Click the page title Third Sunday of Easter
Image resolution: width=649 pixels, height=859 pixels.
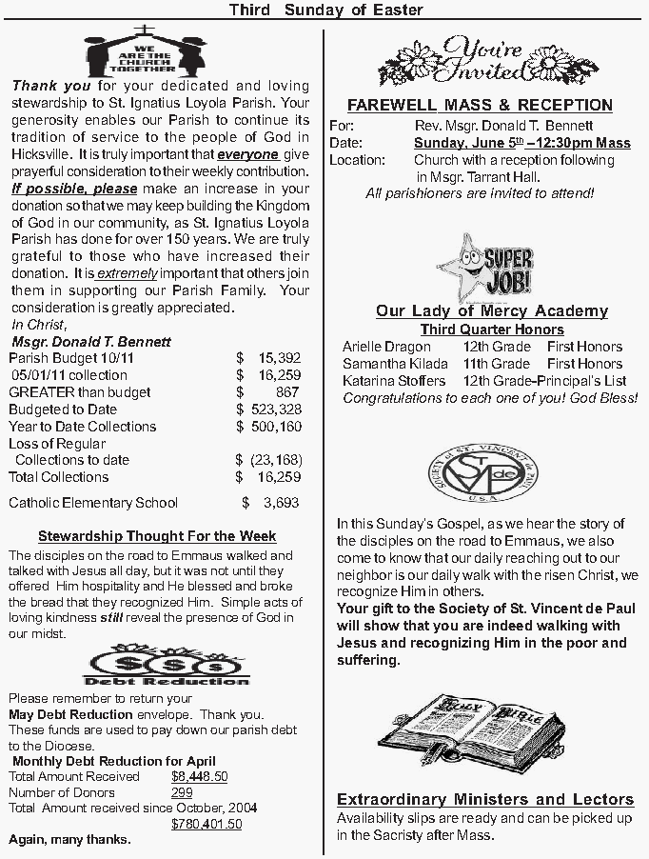[x=325, y=10]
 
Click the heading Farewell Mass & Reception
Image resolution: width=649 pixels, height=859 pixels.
[x=480, y=105]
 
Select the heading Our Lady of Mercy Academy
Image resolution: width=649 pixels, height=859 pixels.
[x=491, y=311]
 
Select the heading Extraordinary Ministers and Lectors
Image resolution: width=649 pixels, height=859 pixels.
[x=485, y=799]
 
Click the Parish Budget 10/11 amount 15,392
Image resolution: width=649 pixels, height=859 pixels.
[x=279, y=358]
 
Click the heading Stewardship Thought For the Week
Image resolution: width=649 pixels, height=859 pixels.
[x=157, y=536]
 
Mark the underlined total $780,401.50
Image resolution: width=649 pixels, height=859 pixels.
[x=206, y=824]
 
